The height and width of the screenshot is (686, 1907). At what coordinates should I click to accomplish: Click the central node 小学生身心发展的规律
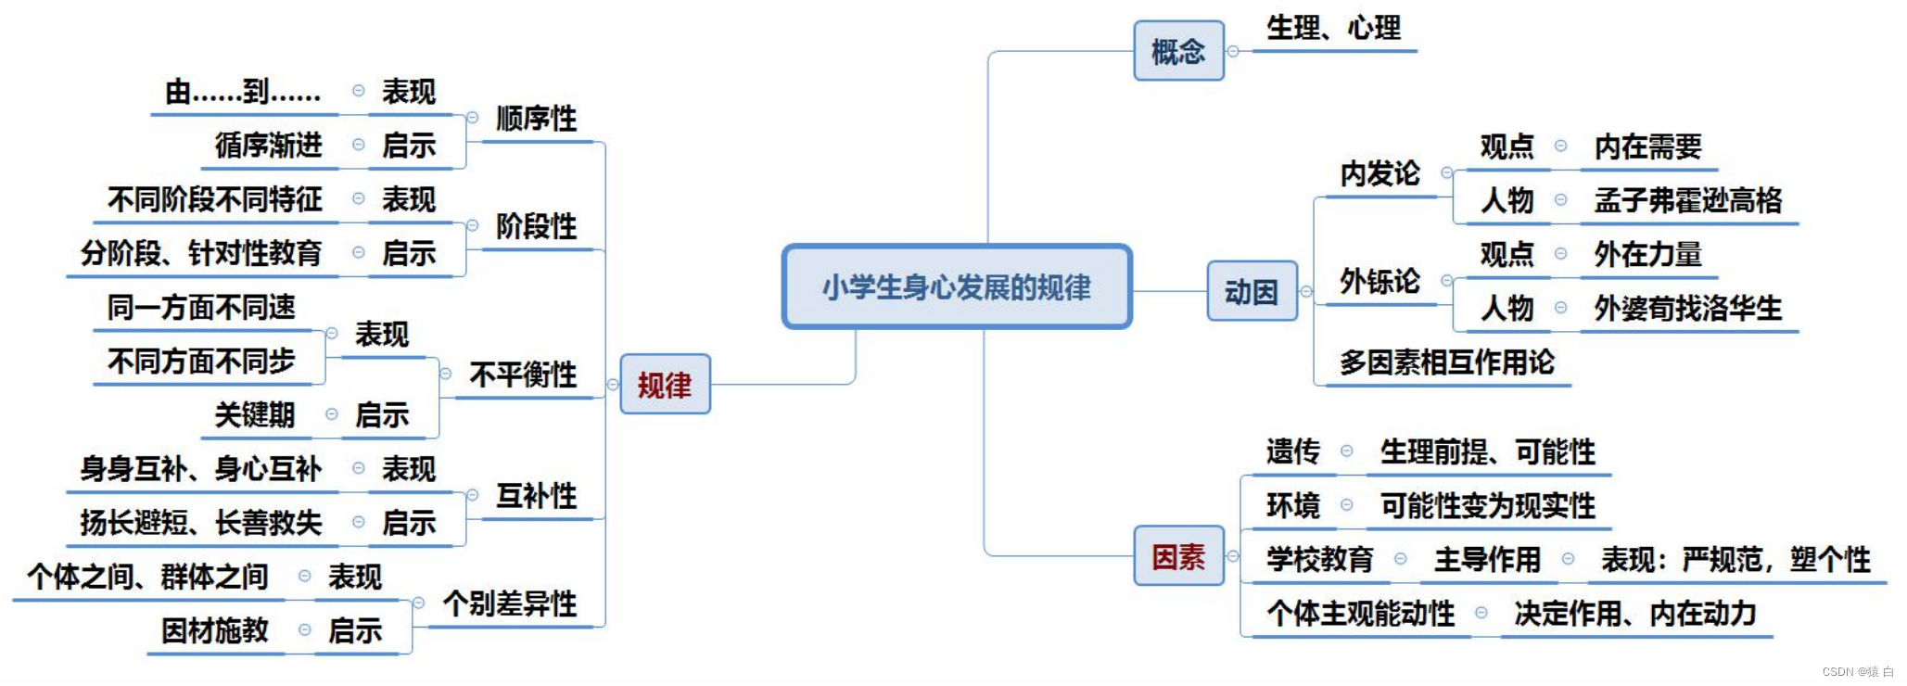(957, 287)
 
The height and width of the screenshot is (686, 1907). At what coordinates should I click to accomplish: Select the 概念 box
(1178, 51)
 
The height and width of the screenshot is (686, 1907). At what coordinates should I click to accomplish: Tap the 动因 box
(1252, 292)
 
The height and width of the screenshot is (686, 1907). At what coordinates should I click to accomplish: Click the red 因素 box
(1178, 556)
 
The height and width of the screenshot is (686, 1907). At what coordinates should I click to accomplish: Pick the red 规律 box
(665, 385)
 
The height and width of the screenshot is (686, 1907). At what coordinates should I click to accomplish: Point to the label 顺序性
(536, 119)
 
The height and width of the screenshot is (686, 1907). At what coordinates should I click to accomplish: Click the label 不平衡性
(523, 375)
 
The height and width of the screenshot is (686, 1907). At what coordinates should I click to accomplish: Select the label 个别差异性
(510, 603)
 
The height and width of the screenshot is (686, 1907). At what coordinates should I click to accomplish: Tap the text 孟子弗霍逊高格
(1687, 200)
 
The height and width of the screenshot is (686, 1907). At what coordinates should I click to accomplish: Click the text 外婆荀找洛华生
(1687, 308)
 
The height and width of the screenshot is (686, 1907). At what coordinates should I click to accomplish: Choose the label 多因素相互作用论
(1446, 362)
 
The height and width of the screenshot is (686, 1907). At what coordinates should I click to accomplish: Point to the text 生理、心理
(1333, 28)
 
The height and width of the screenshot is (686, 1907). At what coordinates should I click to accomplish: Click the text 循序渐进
(268, 146)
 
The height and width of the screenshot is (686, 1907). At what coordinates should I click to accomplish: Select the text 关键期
(254, 414)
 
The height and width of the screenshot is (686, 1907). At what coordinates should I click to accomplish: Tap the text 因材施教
(214, 630)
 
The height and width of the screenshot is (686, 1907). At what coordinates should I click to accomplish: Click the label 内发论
(1379, 173)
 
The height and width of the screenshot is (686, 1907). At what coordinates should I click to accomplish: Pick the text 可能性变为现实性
(1487, 505)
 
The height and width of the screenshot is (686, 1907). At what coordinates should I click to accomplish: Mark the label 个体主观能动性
(1360, 613)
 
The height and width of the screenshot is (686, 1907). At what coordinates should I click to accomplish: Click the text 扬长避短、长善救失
(201, 523)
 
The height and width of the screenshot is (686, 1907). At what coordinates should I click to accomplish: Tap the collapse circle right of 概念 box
(1233, 52)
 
